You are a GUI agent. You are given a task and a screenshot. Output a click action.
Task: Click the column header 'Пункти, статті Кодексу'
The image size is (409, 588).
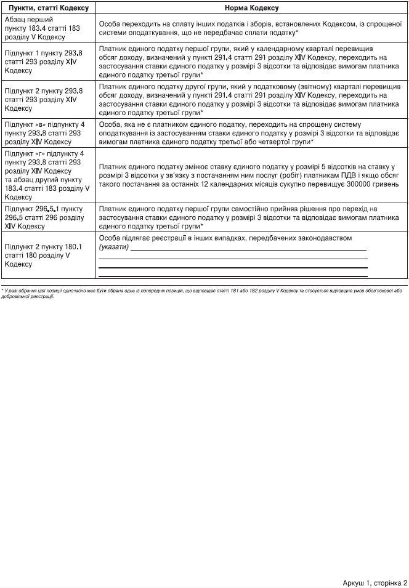[x=46, y=7]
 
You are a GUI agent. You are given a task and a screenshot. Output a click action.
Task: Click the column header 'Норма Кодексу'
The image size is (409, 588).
[x=251, y=7]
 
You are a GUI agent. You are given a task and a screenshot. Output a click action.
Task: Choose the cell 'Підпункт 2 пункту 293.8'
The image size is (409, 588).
[x=46, y=98]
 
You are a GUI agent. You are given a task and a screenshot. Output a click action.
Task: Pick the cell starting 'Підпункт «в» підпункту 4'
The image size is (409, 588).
[x=46, y=132]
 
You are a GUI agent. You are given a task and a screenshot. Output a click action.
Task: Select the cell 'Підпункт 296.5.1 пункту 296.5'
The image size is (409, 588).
[x=46, y=217]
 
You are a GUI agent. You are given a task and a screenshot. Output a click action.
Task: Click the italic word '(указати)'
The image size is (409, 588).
[x=113, y=246]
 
